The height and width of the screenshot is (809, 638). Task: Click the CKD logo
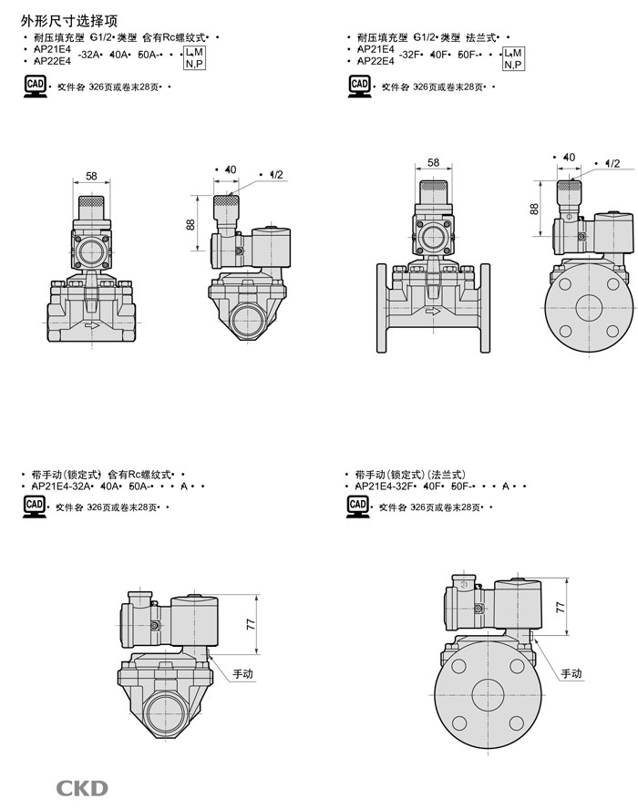(82, 788)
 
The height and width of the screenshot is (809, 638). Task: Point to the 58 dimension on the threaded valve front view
(92, 176)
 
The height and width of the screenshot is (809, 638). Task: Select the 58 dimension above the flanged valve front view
(433, 163)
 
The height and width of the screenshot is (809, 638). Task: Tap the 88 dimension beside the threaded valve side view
(190, 223)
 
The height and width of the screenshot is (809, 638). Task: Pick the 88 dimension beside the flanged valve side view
(534, 209)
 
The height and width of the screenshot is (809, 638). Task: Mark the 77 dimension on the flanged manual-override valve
(561, 606)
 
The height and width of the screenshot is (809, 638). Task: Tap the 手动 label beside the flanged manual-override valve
(571, 674)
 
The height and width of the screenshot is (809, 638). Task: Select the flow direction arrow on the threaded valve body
(90, 324)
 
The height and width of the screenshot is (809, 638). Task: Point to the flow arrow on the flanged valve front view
(432, 311)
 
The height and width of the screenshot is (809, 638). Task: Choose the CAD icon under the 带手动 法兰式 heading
(358, 507)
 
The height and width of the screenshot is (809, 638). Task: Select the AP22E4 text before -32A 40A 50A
(52, 61)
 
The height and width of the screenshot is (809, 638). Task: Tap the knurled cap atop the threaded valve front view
(92, 202)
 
